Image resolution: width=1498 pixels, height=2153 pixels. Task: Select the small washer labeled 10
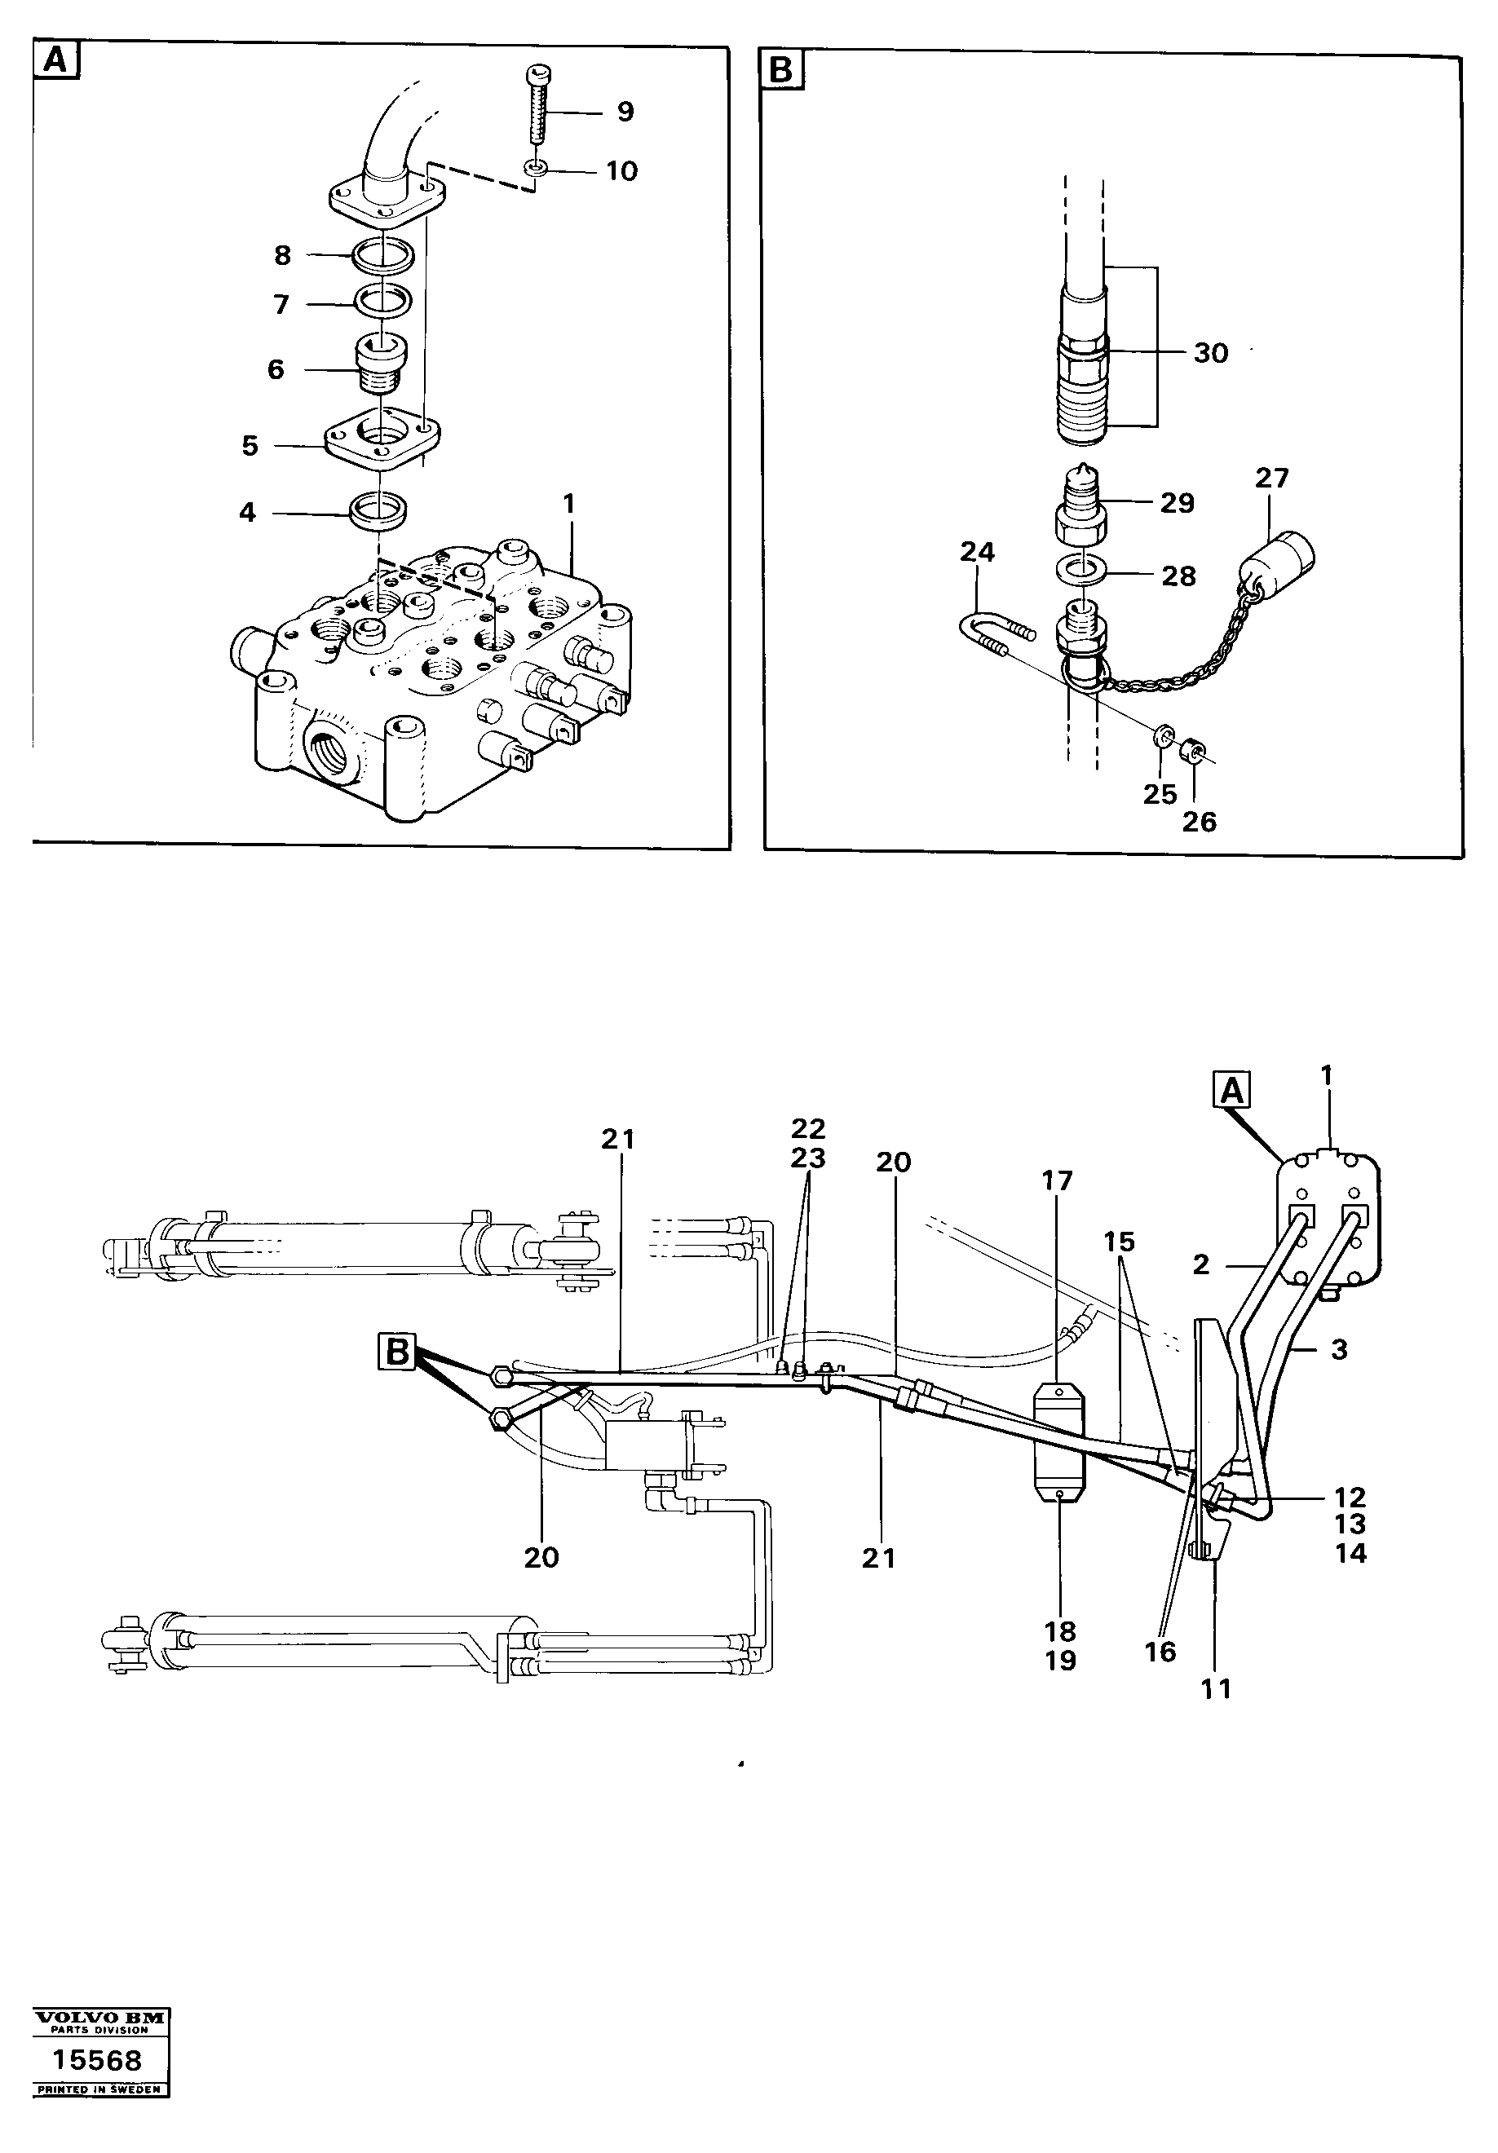[536, 169]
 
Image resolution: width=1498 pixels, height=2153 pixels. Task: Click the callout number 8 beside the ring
[282, 255]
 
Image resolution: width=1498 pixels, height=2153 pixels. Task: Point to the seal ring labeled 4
[378, 511]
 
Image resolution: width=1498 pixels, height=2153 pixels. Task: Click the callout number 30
[1210, 354]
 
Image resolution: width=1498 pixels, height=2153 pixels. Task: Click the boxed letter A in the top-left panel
[55, 61]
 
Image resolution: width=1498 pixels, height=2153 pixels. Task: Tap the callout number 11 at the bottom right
[1216, 1690]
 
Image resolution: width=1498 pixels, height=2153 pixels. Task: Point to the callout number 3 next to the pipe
[1338, 1349]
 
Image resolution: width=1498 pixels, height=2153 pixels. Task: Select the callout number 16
[1160, 1652]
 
